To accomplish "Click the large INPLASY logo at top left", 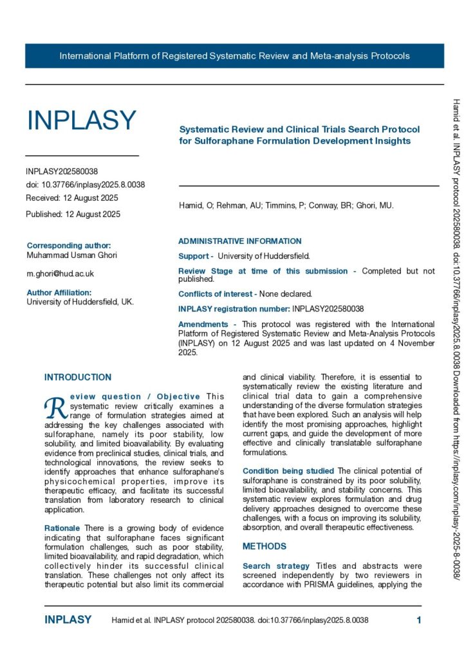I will (81, 120).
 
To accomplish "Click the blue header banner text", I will (234, 56).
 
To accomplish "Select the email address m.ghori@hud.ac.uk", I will (60, 274).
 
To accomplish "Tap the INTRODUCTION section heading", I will (77, 377).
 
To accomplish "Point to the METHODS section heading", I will (264, 546).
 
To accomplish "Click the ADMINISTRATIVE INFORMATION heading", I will (239, 241).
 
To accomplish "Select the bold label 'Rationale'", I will (63, 528).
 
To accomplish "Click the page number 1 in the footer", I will (419, 620).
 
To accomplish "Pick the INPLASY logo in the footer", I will (68, 620).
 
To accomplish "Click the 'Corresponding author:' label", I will (68, 245).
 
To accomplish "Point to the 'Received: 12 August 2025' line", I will (72, 198).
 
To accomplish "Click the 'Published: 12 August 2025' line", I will (73, 214).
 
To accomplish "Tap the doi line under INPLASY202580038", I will (85, 185).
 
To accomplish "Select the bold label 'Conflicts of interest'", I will (217, 311).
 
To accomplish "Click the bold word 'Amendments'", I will (203, 324).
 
